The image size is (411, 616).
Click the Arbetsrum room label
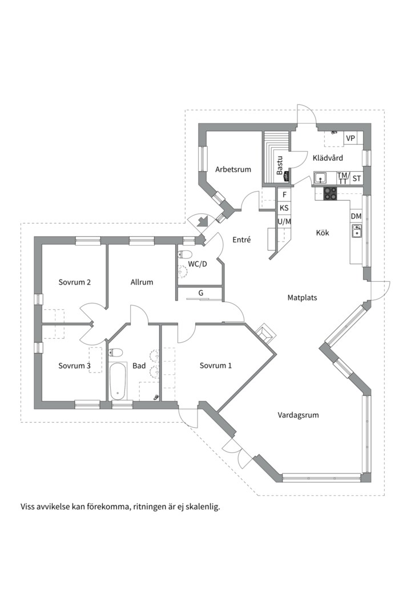(233, 170)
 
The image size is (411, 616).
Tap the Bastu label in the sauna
(280, 166)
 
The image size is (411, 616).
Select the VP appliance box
(350, 138)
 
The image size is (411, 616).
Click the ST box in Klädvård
(357, 179)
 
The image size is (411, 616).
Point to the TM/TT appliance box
(343, 179)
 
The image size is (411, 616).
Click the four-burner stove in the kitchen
(331, 193)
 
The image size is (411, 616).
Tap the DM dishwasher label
(356, 216)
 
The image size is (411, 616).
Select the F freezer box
(284, 194)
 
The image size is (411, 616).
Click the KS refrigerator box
(284, 208)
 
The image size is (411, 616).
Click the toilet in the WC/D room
(184, 254)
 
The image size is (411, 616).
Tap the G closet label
(200, 293)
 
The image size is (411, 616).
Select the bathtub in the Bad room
(118, 380)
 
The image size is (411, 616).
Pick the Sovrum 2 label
(75, 282)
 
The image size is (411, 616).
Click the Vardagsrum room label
(298, 415)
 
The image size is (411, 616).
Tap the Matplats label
(302, 298)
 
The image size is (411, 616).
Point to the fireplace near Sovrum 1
(266, 333)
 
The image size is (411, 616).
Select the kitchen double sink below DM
(357, 231)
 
